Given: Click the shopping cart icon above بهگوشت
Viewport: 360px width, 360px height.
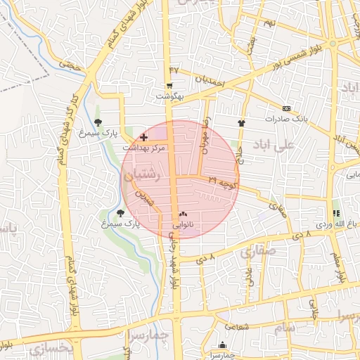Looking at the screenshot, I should [x=169, y=86].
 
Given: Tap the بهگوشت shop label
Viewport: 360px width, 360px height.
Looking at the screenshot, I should [x=169, y=96].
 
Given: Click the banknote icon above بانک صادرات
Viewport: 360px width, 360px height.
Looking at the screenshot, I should [x=286, y=109].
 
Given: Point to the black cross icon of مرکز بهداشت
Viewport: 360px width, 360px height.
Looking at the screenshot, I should [x=144, y=137].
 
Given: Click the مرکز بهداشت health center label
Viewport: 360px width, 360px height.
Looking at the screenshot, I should [x=144, y=148].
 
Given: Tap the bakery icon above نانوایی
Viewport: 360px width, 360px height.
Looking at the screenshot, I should [x=184, y=214].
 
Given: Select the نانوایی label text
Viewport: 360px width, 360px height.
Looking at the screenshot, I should [x=184, y=225].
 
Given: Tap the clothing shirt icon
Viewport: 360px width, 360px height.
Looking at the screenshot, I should [x=242, y=122].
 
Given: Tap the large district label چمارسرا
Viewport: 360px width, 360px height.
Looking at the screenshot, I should [x=150, y=336].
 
